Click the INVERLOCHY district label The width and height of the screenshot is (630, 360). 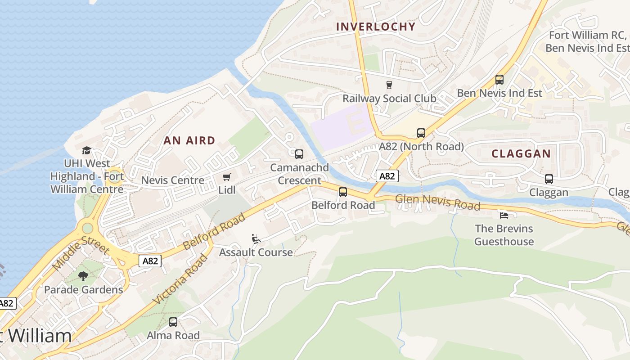(x=376, y=27)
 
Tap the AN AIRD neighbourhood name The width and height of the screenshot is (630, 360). (x=189, y=140)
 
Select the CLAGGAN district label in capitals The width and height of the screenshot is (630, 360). (x=521, y=153)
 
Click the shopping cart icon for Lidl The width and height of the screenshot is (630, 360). (x=227, y=177)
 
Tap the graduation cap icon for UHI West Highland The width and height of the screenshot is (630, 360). (x=87, y=150)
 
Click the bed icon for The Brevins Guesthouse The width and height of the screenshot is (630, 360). (x=504, y=215)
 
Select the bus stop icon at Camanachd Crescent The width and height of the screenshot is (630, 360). (x=299, y=154)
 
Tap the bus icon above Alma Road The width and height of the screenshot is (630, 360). (x=173, y=322)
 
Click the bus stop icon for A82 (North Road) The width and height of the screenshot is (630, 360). (x=421, y=133)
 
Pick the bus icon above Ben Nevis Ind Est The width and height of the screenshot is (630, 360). (x=499, y=80)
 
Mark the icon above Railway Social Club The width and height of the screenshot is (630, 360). (x=389, y=85)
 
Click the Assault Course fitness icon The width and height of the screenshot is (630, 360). (x=256, y=239)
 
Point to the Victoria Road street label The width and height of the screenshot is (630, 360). (x=180, y=279)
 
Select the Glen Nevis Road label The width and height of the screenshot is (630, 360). (x=437, y=202)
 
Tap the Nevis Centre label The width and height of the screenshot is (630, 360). (x=172, y=180)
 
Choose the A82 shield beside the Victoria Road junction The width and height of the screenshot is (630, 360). (x=150, y=261)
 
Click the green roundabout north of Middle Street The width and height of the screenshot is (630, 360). (x=87, y=228)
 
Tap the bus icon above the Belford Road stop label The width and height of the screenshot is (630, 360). (x=343, y=192)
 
